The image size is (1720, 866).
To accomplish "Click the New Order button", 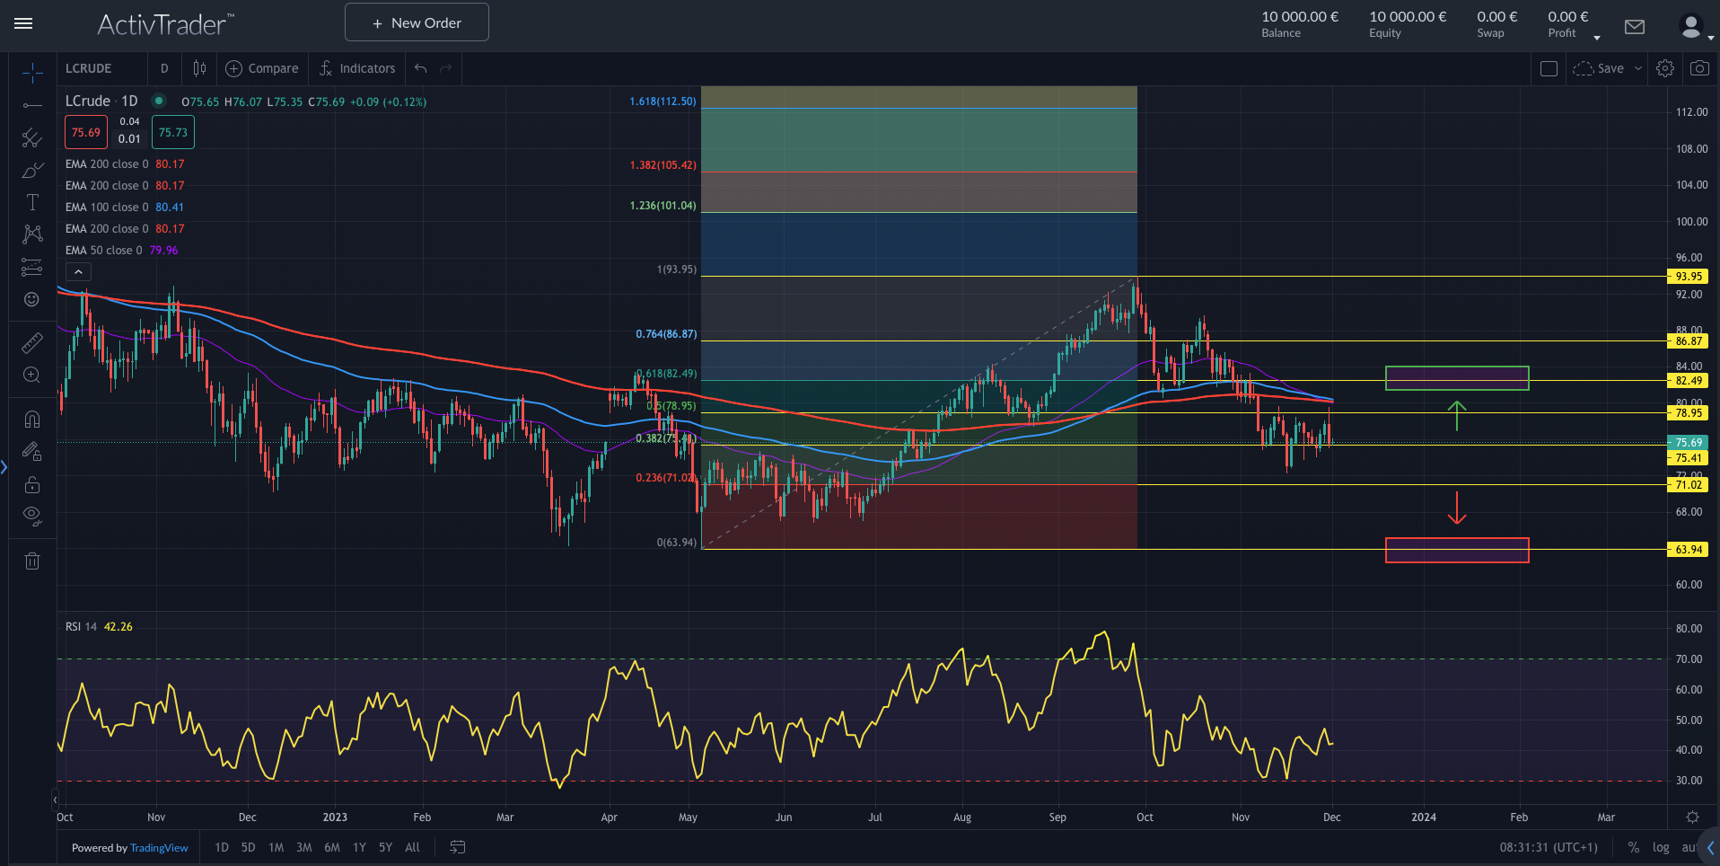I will (417, 22).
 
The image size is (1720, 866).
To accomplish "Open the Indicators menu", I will (357, 68).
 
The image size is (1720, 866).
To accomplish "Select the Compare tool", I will (262, 68).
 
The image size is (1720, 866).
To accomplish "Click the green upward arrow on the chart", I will (1456, 415).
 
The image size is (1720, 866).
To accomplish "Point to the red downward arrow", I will (1456, 508).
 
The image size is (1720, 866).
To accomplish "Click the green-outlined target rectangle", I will (1456, 378).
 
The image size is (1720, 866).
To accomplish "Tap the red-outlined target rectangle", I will (1456, 550).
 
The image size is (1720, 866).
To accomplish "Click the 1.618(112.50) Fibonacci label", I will (663, 102).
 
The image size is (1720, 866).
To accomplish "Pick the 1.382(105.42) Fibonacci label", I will (663, 165).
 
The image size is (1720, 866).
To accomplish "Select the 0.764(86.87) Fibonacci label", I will (666, 334).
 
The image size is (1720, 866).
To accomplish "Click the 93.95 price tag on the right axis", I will (1688, 277).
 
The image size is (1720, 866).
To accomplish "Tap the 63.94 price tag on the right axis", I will (1688, 550).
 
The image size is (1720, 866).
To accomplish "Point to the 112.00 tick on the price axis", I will (1691, 112).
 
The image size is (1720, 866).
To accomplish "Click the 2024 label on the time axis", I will (1423, 817).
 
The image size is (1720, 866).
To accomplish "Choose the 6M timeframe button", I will (332, 847).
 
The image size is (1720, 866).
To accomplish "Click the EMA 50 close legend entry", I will (103, 251).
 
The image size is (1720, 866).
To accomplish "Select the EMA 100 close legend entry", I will (106, 208).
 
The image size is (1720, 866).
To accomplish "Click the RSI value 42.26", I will (118, 627).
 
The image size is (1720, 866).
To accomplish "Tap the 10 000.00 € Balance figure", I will (1299, 17).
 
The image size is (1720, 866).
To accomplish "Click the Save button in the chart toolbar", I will (1610, 68).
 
